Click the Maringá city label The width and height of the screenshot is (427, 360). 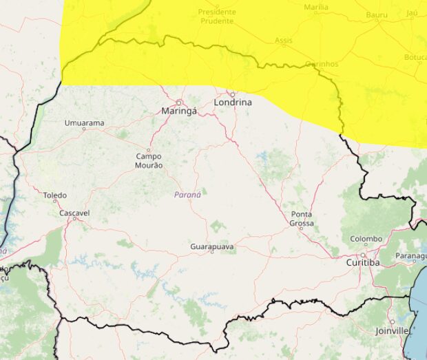[178, 111]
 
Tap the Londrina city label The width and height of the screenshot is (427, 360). [233, 103]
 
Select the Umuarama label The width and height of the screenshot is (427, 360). [84, 123]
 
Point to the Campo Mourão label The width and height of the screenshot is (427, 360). [149, 161]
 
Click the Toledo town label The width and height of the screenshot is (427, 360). [55, 195]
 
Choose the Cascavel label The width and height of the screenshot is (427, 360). [74, 213]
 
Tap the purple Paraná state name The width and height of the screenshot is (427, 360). [187, 195]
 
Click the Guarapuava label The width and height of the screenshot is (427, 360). [212, 246]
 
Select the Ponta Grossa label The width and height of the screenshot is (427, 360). [302, 219]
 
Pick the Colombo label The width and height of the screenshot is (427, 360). [366, 239]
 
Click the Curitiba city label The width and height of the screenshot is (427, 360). [362, 263]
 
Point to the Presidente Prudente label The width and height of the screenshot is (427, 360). [216, 17]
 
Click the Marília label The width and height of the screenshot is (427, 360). [316, 8]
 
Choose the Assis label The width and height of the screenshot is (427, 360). [284, 41]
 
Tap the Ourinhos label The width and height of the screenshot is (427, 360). [322, 64]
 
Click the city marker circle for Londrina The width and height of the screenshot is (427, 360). [232, 94]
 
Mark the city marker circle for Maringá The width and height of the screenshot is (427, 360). [178, 103]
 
